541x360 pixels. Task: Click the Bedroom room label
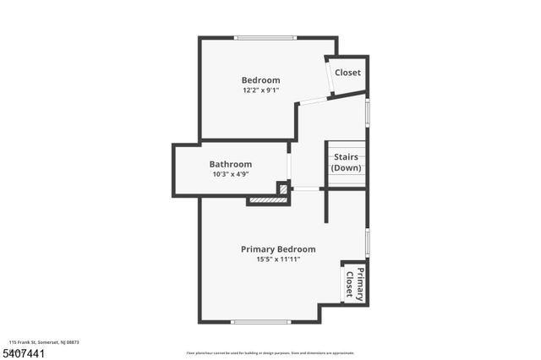pyautogui.click(x=260, y=80)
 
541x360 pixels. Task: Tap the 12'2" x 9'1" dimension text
pyautogui.click(x=260, y=90)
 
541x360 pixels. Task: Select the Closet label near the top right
pyautogui.click(x=347, y=73)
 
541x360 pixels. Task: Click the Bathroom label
pyautogui.click(x=231, y=164)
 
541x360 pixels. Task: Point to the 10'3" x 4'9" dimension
pyautogui.click(x=231, y=174)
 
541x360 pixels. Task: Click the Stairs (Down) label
pyautogui.click(x=346, y=162)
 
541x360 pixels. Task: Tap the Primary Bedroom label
pyautogui.click(x=278, y=249)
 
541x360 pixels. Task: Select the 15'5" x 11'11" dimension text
pyautogui.click(x=278, y=259)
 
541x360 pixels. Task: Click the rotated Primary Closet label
pyautogui.click(x=354, y=283)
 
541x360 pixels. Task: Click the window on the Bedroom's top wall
pyautogui.click(x=265, y=37)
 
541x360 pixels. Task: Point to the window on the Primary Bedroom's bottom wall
pyautogui.click(x=261, y=321)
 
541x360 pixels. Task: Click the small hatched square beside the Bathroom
pyautogui.click(x=282, y=188)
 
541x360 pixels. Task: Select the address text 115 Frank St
pyautogui.click(x=44, y=342)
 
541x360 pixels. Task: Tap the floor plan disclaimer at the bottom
pyautogui.click(x=270, y=353)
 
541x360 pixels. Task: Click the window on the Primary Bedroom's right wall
pyautogui.click(x=367, y=242)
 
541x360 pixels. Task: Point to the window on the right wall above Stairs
pyautogui.click(x=367, y=112)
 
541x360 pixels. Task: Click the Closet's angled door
pyautogui.click(x=329, y=78)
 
